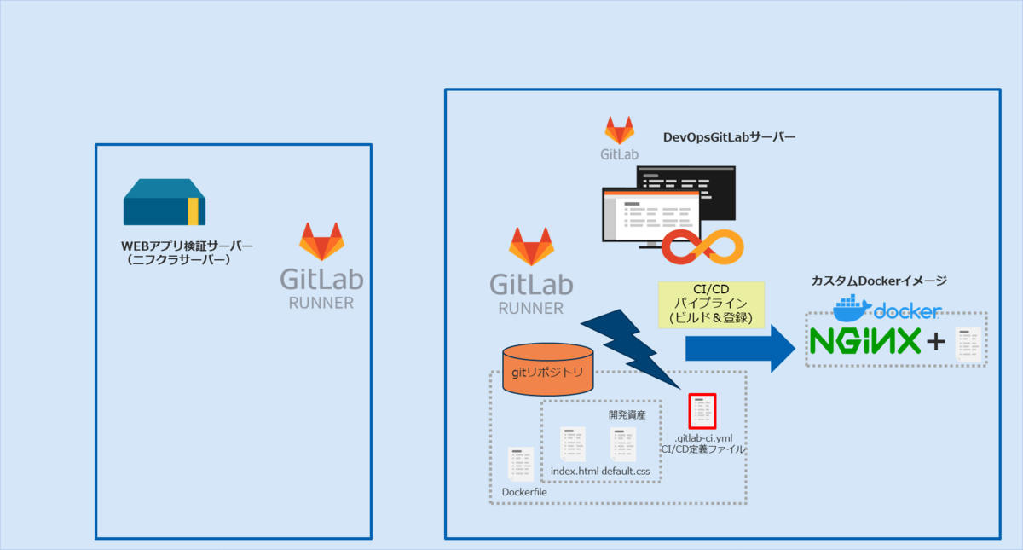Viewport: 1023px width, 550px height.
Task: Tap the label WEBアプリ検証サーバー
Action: click(x=188, y=246)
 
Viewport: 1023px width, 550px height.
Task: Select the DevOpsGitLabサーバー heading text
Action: click(x=729, y=136)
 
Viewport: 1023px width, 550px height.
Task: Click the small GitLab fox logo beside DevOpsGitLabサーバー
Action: click(x=620, y=132)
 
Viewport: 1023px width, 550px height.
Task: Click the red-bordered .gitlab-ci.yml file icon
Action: click(x=702, y=411)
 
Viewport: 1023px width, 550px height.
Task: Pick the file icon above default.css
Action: click(x=623, y=444)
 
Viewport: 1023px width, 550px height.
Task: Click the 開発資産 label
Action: click(x=627, y=415)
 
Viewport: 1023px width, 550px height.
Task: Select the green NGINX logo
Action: click(x=864, y=341)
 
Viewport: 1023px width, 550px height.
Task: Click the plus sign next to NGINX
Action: click(x=936, y=342)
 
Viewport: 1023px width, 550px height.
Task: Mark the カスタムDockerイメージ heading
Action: click(x=879, y=281)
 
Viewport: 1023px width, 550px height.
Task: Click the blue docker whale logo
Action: click(x=852, y=308)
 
